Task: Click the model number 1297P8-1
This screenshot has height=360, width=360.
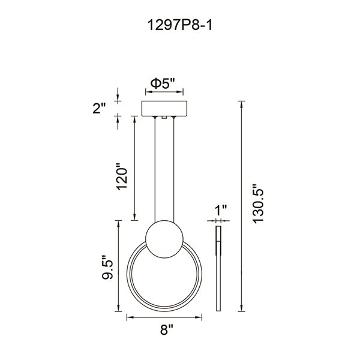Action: pos(180,25)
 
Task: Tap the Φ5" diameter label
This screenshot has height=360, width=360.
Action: pos(163,83)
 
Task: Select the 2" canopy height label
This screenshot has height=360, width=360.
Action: pos(99,109)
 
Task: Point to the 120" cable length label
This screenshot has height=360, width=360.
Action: pos(122,176)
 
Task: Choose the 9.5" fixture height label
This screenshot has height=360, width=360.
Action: pos(107,267)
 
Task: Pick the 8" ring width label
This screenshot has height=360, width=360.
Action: pos(167,329)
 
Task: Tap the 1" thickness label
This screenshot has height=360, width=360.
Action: pos(221,210)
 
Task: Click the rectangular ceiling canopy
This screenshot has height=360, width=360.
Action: pos(164,109)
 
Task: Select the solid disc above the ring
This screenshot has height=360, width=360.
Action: pos(164,239)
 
